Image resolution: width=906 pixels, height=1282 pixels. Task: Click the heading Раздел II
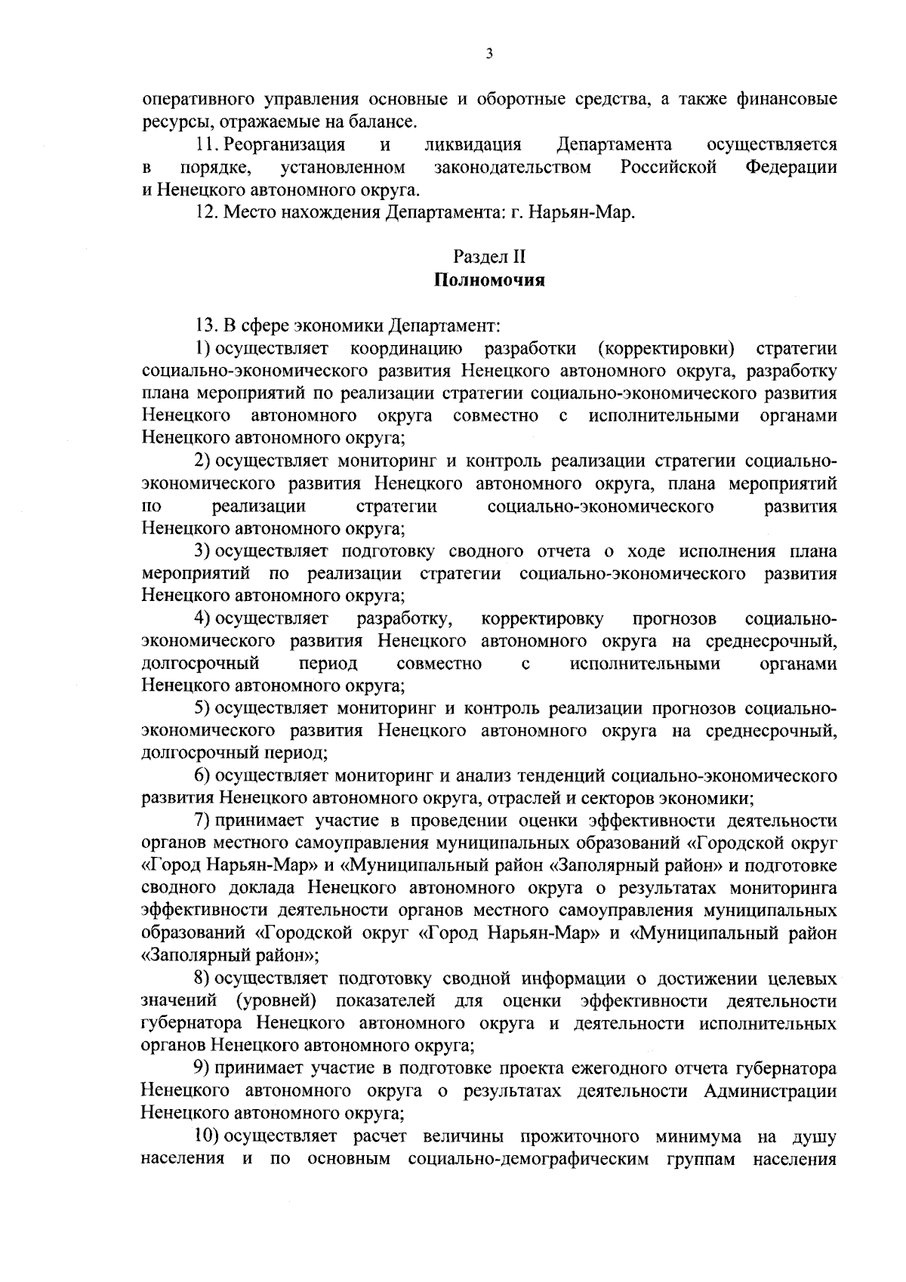click(489, 258)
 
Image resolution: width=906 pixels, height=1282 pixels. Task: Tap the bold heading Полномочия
click(489, 281)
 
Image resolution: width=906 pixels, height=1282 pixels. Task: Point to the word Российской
click(668, 167)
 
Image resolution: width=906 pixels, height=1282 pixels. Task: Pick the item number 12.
click(205, 212)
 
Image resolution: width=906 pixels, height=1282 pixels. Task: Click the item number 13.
click(205, 325)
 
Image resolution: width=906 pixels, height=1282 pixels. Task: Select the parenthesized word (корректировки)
click(665, 348)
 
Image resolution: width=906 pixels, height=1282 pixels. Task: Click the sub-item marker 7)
click(202, 821)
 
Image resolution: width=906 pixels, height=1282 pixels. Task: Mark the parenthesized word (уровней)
click(276, 1001)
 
